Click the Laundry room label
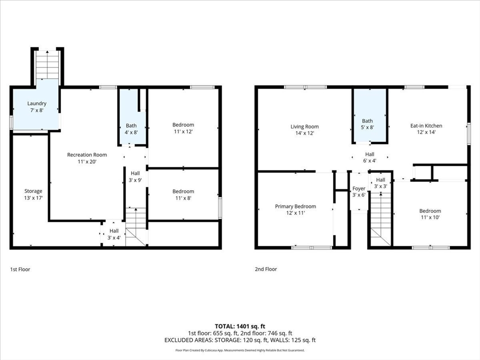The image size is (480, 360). [37, 107]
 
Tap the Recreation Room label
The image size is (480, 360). [87, 158]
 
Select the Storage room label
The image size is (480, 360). [33, 195]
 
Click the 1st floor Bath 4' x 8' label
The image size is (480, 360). [131, 129]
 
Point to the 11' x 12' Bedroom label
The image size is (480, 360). [183, 128]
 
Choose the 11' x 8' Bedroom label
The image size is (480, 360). [183, 195]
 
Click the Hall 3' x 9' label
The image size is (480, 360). [135, 177]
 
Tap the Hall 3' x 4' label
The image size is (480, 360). [114, 234]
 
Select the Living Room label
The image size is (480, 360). [305, 130]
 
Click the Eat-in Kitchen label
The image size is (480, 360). [426, 129]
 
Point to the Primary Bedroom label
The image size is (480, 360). [295, 210]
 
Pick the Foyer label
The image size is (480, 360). [359, 192]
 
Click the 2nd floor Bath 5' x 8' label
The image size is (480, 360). [367, 124]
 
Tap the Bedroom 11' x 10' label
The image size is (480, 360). [430, 214]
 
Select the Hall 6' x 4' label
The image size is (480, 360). [369, 157]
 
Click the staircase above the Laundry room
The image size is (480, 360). [47, 65]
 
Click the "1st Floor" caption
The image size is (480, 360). [20, 270]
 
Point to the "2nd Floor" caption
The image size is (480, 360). [266, 269]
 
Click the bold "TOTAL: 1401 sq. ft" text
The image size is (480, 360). [240, 326]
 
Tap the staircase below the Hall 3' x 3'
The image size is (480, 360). [381, 218]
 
